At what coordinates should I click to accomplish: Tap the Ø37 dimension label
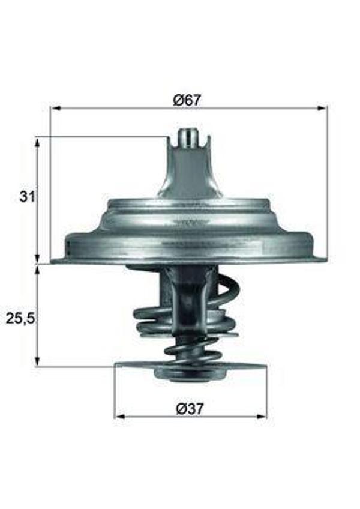click(191, 408)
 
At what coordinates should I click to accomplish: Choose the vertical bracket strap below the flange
click(187, 300)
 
